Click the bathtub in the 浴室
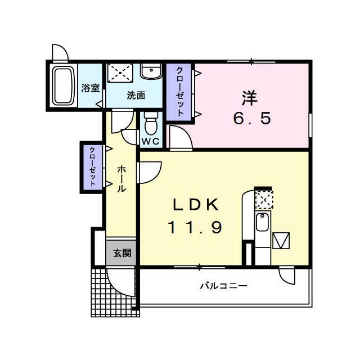(x=64, y=86)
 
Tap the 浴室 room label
(x=91, y=88)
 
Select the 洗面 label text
(x=136, y=95)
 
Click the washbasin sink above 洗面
(x=151, y=71)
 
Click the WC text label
(x=150, y=141)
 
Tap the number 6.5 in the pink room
(x=252, y=119)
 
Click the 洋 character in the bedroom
(x=250, y=98)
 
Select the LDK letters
(x=196, y=205)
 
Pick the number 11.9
(x=196, y=227)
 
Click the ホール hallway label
(x=121, y=179)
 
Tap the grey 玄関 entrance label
(x=122, y=253)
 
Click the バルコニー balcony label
(x=224, y=286)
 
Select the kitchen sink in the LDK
(x=262, y=222)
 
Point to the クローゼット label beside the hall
(x=92, y=166)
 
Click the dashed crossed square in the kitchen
(x=264, y=200)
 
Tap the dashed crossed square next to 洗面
(x=120, y=73)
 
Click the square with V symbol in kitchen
(x=281, y=241)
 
